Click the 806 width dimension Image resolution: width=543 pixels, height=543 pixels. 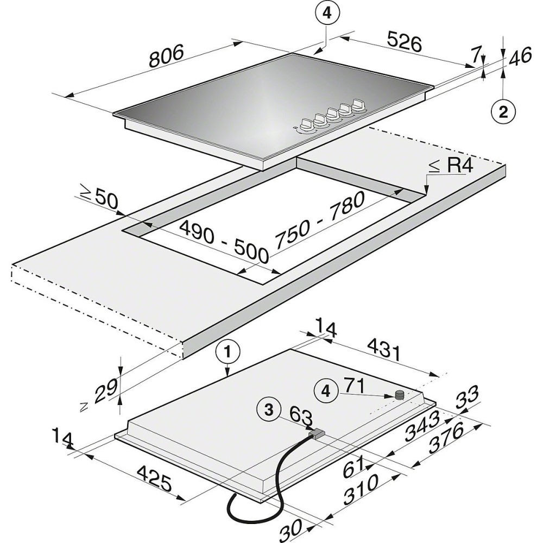166,56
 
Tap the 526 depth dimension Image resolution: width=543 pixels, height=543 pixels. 405,42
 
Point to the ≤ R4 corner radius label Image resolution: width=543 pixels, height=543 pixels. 451,166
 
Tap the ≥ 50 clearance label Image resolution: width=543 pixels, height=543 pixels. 98,200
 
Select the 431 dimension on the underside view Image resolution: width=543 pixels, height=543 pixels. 384,351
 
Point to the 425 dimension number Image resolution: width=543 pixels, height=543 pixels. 154,478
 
